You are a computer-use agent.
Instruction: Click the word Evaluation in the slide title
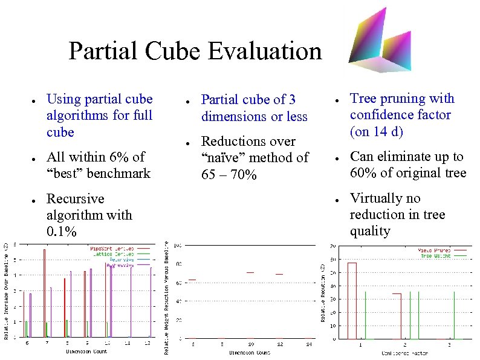coord(265,51)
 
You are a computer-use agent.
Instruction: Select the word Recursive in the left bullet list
coord(76,199)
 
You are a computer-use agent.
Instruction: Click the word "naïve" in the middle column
coord(223,158)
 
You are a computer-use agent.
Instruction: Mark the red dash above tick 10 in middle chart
coord(250,273)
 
